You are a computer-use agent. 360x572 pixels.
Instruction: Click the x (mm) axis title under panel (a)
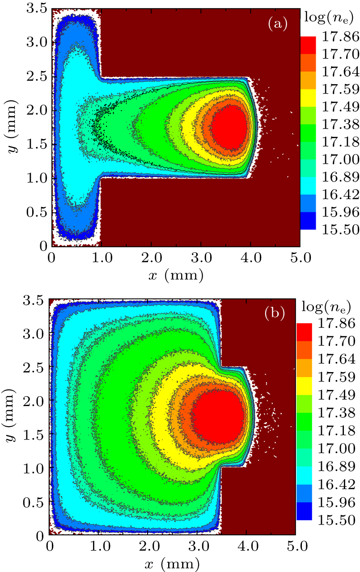coord(175,274)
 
